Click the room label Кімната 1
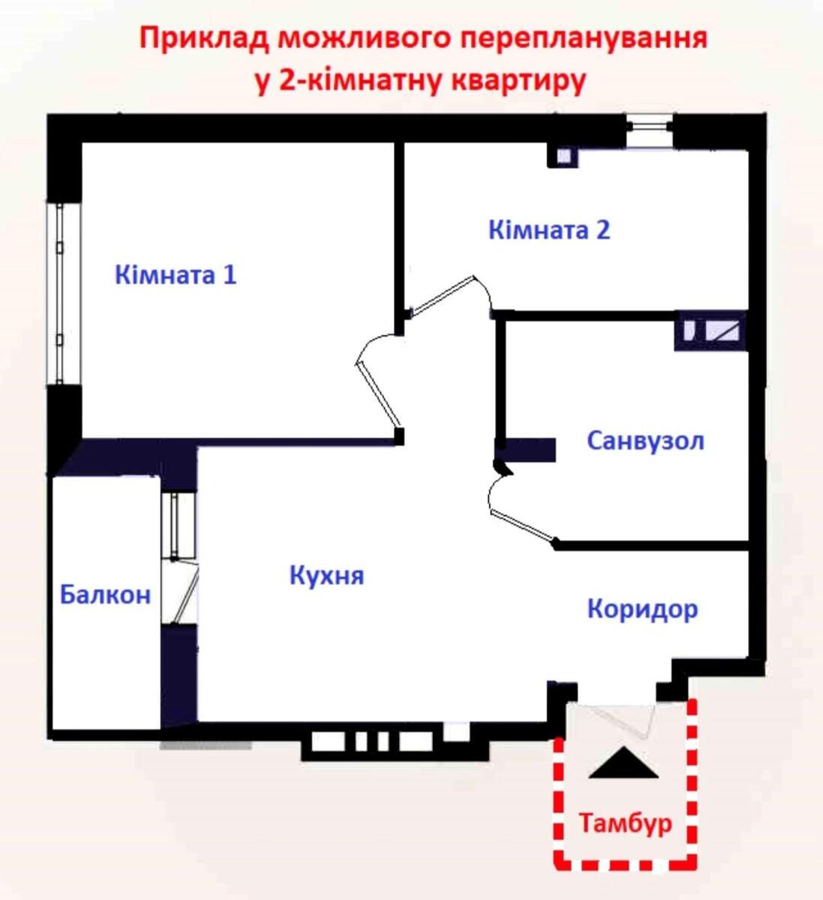[176, 274]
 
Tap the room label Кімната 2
[549, 229]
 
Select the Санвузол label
[645, 441]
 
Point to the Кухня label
[326, 575]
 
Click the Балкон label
[106, 595]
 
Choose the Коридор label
[642, 610]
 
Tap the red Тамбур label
[625, 823]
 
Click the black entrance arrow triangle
[623, 763]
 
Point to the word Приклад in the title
[204, 39]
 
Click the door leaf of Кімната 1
[378, 392]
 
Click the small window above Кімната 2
[650, 130]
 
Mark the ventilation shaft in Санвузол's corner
[711, 331]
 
